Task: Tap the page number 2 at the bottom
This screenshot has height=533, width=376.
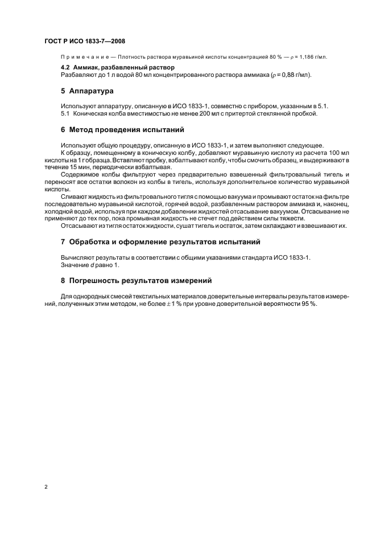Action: (46, 487)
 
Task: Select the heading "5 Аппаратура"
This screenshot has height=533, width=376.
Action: (88, 91)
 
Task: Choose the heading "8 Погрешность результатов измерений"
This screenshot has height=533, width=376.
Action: (137, 280)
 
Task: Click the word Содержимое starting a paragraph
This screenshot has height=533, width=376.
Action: (80, 174)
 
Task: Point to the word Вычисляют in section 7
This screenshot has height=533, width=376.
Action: (77, 257)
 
